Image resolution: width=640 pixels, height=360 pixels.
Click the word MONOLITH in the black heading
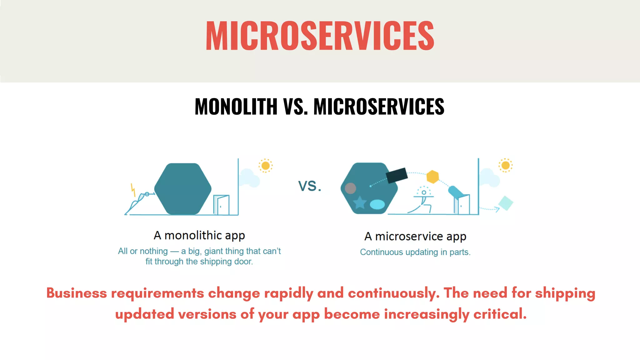(236, 107)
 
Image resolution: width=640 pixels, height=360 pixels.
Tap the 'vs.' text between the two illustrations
(309, 186)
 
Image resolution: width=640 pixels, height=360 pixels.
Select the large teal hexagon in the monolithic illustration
(183, 189)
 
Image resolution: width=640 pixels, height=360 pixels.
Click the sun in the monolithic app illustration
(266, 166)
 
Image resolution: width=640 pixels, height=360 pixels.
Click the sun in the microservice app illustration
(505, 165)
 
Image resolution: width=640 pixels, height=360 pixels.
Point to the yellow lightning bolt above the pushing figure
(133, 190)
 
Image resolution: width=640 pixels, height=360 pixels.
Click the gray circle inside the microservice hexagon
(350, 188)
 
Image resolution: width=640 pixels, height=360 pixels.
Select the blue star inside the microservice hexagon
(360, 203)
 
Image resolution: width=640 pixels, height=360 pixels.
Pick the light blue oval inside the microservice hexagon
(377, 204)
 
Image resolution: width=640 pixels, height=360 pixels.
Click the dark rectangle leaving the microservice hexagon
(397, 175)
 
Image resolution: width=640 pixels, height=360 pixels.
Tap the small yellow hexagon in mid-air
(432, 177)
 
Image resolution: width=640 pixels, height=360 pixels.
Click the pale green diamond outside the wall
(505, 203)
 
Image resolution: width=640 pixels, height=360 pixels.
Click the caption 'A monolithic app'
(199, 235)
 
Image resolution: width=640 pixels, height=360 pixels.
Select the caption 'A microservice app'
(415, 237)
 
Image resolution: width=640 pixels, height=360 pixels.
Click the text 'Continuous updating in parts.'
(415, 252)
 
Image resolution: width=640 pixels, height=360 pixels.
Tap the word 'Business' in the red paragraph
(77, 293)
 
